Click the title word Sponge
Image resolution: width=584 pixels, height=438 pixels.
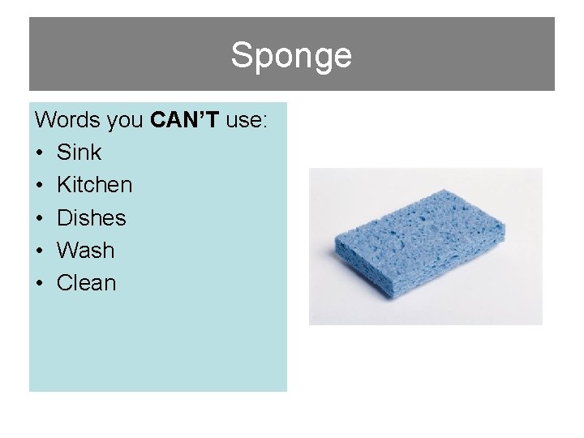291,56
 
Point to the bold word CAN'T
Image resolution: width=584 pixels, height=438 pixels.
185,120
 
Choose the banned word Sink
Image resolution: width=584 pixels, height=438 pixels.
79,152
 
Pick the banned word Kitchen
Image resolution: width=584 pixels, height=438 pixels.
94,185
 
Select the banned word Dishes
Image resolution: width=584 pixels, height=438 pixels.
91,217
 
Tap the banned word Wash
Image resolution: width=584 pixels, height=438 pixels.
85,251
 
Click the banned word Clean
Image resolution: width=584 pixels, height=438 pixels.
86,283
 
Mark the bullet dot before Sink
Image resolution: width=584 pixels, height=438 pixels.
40,153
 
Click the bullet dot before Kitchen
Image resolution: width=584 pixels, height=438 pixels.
40,186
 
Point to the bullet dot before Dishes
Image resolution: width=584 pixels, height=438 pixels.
40,218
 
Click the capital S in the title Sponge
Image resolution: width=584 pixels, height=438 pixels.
241,55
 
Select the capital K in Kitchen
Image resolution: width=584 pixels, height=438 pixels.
63,185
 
